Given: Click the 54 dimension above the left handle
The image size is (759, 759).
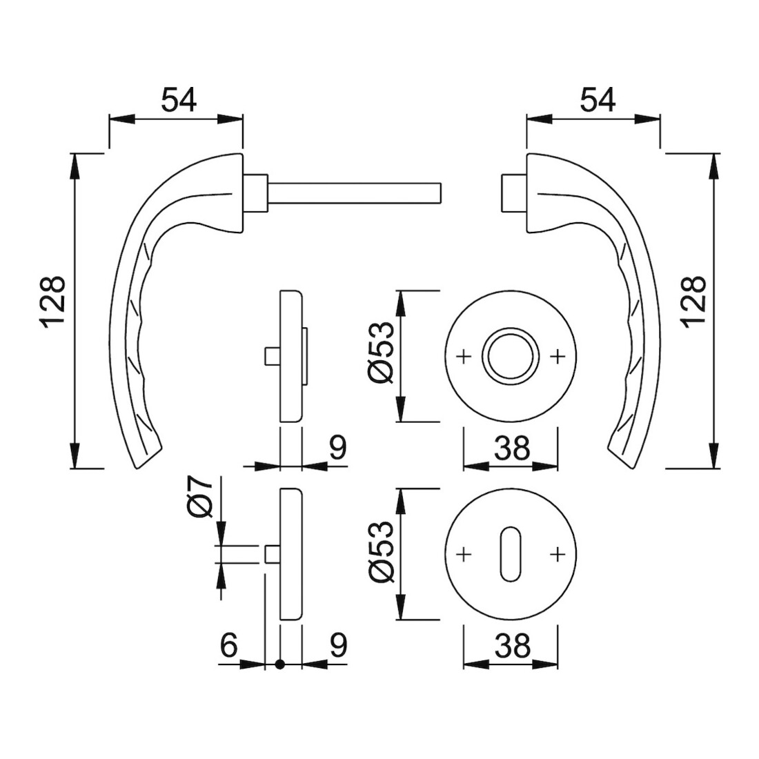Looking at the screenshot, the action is click(x=179, y=100).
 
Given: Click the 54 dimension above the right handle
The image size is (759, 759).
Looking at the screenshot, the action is click(x=598, y=100).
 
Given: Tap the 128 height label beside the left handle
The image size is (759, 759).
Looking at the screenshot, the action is click(x=53, y=303).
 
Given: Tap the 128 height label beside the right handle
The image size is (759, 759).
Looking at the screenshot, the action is click(x=695, y=303).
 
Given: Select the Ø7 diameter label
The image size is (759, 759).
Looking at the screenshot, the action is click(x=200, y=496).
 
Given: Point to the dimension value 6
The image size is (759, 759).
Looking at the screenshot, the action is click(x=229, y=645).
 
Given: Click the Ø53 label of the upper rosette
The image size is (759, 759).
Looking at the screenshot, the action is click(x=382, y=357).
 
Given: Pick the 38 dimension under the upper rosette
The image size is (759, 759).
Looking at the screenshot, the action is click(x=512, y=448).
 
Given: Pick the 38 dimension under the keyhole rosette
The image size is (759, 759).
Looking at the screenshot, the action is click(x=512, y=645).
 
